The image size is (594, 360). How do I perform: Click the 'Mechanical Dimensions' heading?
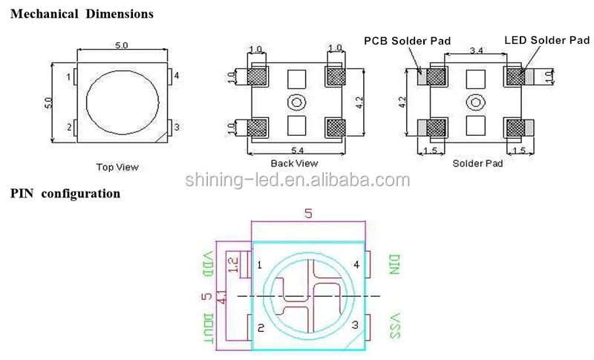tap(82, 14)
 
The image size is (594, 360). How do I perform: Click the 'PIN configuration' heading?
tap(65, 194)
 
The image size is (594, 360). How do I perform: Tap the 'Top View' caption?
tap(117, 167)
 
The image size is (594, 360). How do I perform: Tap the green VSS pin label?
tap(394, 326)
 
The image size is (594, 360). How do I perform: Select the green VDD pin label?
tap(208, 265)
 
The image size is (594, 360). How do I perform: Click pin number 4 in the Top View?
tap(177, 76)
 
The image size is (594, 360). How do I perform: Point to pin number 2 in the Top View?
tap(69, 128)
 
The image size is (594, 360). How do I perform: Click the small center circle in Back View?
tap(296, 102)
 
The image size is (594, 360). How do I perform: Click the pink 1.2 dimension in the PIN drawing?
tap(234, 264)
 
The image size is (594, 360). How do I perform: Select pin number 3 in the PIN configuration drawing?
tap(355, 324)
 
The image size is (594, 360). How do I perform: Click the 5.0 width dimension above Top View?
tap(121, 45)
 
